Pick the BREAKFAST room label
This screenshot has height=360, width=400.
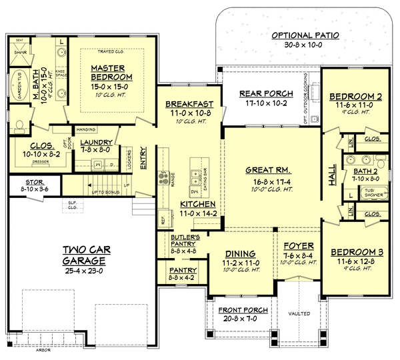(x=189, y=104)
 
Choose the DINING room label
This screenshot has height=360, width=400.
(x=239, y=253)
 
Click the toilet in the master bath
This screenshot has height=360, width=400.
(x=19, y=124)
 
